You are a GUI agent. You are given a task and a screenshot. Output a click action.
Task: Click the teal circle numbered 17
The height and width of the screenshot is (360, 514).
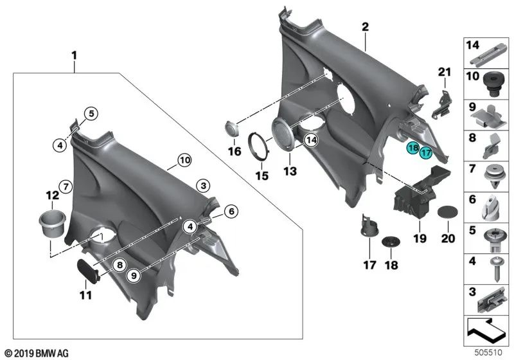(426, 152)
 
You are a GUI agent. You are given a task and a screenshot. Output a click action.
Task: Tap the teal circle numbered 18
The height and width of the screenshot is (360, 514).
(413, 148)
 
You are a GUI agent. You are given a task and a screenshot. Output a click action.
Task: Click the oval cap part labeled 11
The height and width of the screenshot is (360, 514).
(88, 271)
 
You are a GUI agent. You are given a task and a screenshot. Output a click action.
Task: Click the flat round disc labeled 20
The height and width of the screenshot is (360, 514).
(448, 212)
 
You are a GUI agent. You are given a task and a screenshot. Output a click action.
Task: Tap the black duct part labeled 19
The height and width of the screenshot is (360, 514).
(421, 192)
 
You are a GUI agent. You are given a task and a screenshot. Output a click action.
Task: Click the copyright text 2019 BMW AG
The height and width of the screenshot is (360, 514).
(37, 354)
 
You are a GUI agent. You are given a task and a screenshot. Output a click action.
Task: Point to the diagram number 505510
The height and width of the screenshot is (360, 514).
(488, 352)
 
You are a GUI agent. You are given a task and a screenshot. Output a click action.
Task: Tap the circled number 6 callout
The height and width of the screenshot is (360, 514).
(231, 212)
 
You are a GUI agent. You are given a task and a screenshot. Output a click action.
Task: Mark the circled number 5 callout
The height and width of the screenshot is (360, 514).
(91, 114)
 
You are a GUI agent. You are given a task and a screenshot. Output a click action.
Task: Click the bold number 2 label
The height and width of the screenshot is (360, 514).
(365, 27)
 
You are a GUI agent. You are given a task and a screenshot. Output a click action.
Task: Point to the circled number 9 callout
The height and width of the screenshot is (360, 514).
(134, 276)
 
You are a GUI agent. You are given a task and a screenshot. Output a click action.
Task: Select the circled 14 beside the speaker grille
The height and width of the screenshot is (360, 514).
(312, 140)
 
